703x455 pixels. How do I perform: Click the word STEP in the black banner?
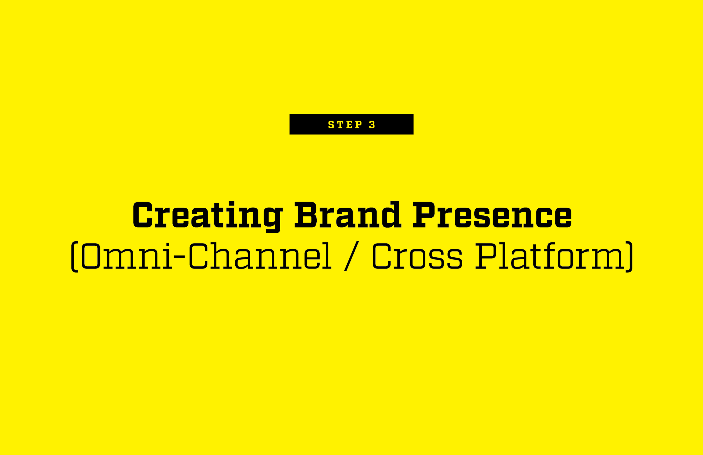[345, 124]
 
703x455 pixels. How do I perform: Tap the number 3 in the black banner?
[372, 124]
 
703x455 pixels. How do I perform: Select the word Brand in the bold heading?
[348, 214]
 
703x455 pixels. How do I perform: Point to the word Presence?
[492, 215]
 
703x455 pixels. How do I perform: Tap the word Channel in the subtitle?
[260, 256]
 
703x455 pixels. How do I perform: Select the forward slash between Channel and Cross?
[351, 256]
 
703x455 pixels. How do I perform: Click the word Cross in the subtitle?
[417, 256]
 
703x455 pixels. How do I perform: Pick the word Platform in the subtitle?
[550, 256]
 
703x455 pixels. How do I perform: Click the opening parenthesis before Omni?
[75, 257]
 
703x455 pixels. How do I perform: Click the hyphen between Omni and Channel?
[179, 257]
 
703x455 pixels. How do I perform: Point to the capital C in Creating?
[143, 215]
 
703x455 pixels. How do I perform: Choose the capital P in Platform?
[486, 256]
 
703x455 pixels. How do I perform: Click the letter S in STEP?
[331, 124]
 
